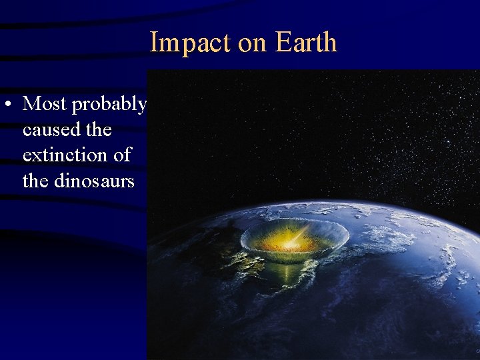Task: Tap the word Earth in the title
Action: (x=306, y=43)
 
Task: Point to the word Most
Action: (x=45, y=104)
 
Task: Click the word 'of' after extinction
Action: (x=123, y=155)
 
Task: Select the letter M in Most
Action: (x=31, y=104)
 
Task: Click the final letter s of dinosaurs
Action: (x=131, y=181)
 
